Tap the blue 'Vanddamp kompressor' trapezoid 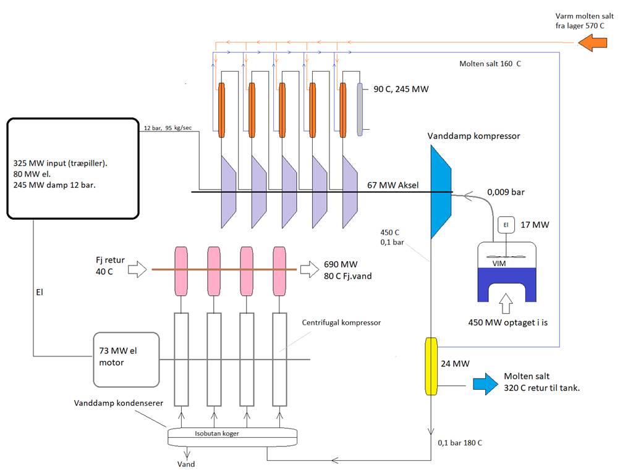tap(441, 192)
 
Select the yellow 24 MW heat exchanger tap(431, 366)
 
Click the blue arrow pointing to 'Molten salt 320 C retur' tap(486, 384)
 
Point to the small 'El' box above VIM tap(506, 225)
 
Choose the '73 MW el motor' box tap(126, 360)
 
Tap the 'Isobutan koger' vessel tap(232, 437)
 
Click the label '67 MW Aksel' tap(393, 185)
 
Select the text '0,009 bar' tap(506, 192)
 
